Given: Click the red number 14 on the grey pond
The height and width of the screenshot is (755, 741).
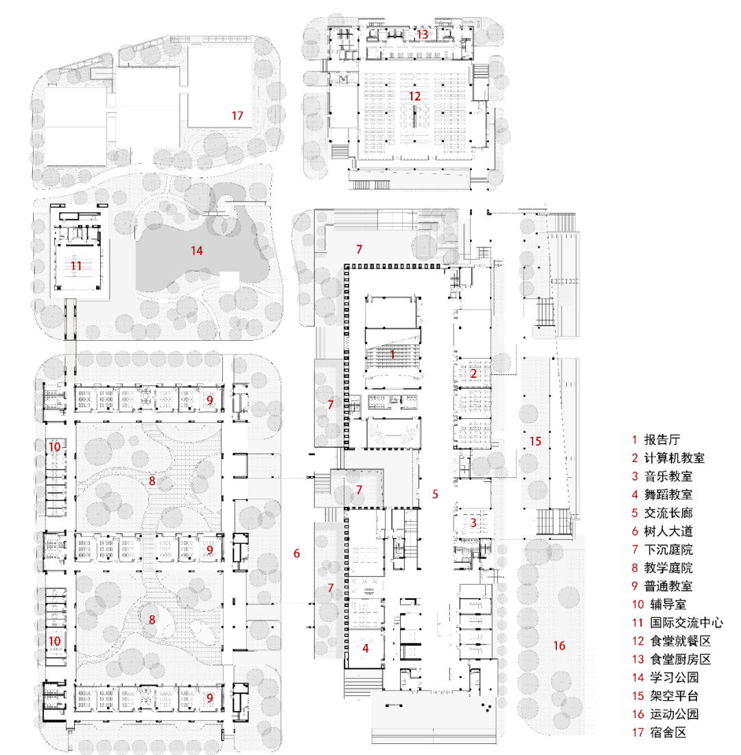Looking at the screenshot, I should pos(197,251).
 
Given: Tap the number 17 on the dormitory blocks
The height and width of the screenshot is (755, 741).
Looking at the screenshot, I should pos(237,115).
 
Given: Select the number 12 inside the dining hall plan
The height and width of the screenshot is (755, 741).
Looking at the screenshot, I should pos(414,96).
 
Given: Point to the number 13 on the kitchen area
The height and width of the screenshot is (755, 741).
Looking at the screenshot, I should pos(422,34).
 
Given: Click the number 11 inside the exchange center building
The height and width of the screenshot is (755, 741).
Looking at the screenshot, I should pos(76,265).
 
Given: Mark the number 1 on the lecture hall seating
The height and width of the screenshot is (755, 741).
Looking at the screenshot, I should pos(392,355).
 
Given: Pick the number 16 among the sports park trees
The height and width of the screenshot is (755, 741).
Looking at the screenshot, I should pos(559,645).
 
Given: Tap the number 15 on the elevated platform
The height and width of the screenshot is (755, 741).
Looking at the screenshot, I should pos(535,441).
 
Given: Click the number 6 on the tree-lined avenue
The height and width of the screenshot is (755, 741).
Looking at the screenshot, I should pos(296,553).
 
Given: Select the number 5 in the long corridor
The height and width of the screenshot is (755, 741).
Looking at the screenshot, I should pos(435,492).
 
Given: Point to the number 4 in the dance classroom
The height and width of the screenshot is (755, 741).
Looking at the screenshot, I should pos(366,647).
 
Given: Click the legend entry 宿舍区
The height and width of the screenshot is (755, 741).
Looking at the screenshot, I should pos(668,732).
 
